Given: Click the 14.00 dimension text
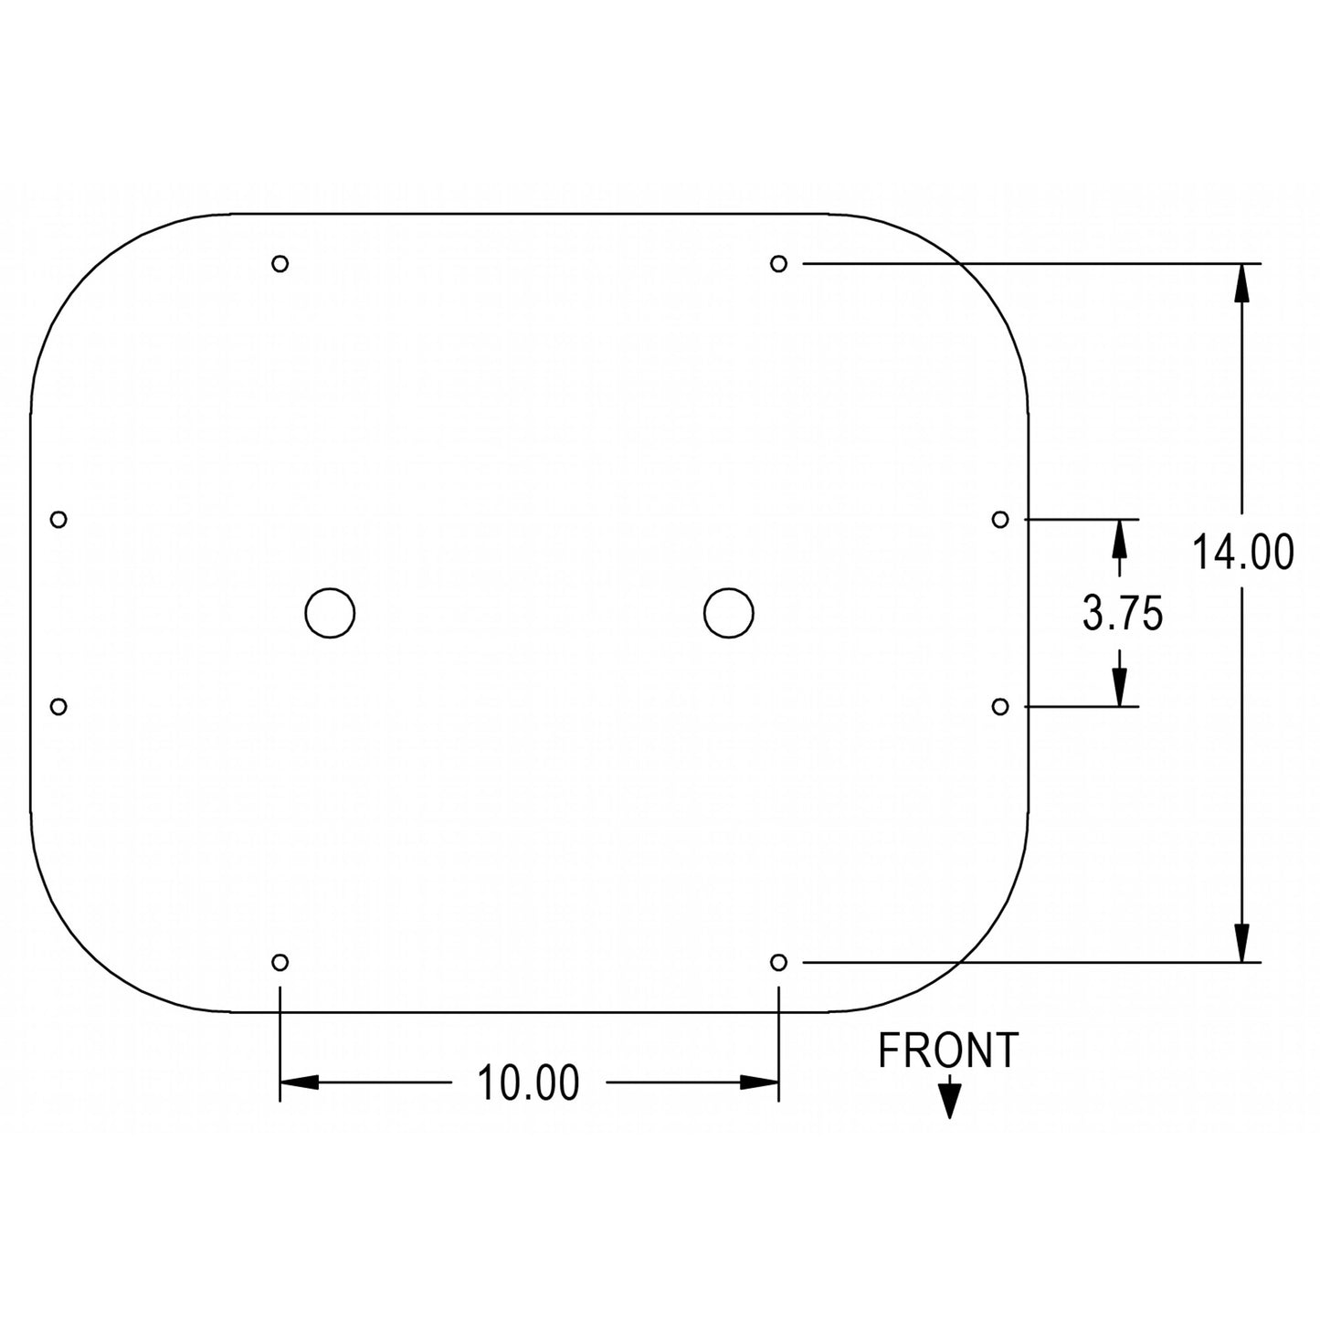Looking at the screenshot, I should pos(1242,554).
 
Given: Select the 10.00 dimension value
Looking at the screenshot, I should pos(528,1083).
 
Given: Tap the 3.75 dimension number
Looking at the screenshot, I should pos(1123,614).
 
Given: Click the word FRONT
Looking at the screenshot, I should pos(947,1051).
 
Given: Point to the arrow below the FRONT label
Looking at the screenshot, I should pos(949,1100).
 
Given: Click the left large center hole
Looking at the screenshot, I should pos(330,612).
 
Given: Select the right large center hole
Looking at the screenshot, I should pos(729,612).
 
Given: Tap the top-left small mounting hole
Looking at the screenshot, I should pos(280,264).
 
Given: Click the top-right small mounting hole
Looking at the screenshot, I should pos(778,264).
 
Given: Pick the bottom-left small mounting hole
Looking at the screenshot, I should pos(280,962).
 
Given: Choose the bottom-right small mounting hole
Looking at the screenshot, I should pos(778,962).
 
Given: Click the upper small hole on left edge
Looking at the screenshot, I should pos(58,519).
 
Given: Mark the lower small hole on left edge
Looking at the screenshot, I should pos(58,706).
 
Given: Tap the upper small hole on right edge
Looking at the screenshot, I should pos(1000,519).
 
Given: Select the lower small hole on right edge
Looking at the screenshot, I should pos(1000,706).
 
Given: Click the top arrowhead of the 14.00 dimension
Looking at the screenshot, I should pos(1241,283).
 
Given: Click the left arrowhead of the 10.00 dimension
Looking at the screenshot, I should pos(300,1082).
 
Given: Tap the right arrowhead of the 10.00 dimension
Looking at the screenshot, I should pos(758,1082).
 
